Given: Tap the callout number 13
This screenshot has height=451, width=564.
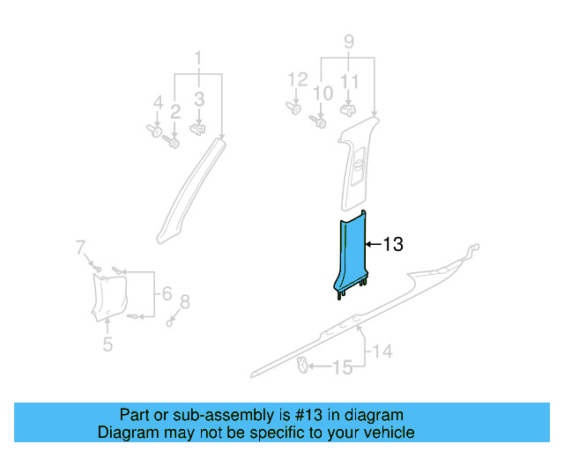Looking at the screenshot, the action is tap(392, 244).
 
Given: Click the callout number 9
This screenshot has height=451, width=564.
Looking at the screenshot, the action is tap(348, 41).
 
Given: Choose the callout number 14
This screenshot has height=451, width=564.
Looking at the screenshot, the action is tap(381, 352).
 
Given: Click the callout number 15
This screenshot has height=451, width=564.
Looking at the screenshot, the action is tap(341, 366).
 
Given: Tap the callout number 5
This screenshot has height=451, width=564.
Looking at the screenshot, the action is tap(108, 344).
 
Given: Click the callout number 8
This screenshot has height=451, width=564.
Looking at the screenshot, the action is tap(183, 303).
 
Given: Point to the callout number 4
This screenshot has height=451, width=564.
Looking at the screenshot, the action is tap(158, 104).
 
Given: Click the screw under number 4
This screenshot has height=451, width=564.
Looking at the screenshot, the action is tap(152, 130).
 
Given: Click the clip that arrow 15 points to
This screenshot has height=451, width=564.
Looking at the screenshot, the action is tap(301, 363).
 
